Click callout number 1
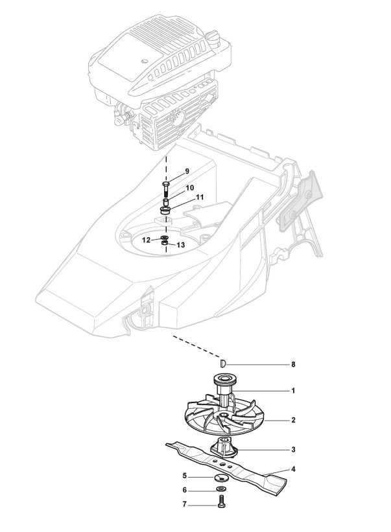(293, 391)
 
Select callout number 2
(293, 420)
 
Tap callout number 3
(293, 448)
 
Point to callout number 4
(293, 468)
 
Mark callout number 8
(293, 365)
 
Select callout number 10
(190, 187)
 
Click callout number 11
(200, 196)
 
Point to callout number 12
(147, 240)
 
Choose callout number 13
(180, 245)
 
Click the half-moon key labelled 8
(222, 363)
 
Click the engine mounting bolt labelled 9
(165, 191)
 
